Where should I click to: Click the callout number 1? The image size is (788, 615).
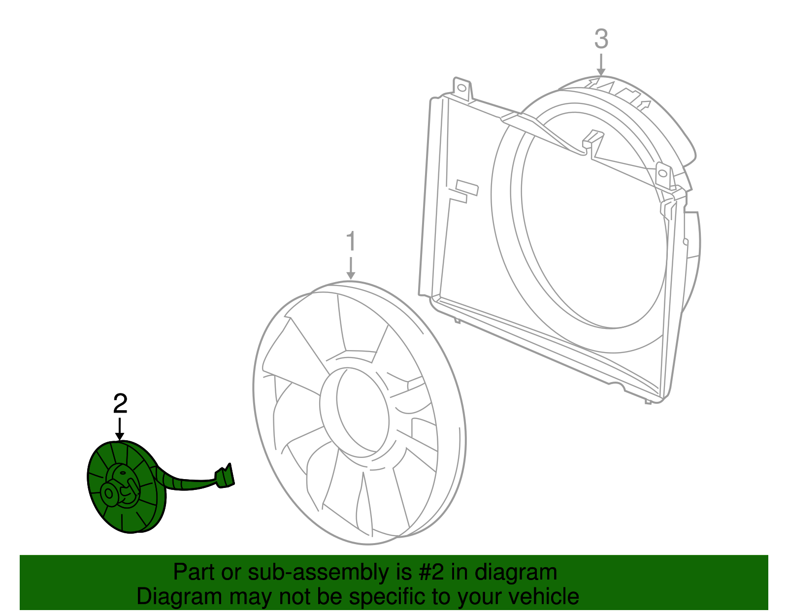pyautogui.click(x=351, y=242)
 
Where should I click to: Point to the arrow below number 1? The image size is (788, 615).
pyautogui.click(x=351, y=269)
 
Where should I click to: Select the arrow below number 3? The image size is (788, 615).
pyautogui.click(x=601, y=66)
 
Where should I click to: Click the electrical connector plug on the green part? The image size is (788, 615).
pyautogui.click(x=225, y=476)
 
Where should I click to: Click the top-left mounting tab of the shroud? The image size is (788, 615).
pyautogui.click(x=462, y=89)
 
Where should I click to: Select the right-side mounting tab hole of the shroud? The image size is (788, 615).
pyautogui.click(x=663, y=173)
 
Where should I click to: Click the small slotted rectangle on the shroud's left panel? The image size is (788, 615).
pyautogui.click(x=467, y=187)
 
